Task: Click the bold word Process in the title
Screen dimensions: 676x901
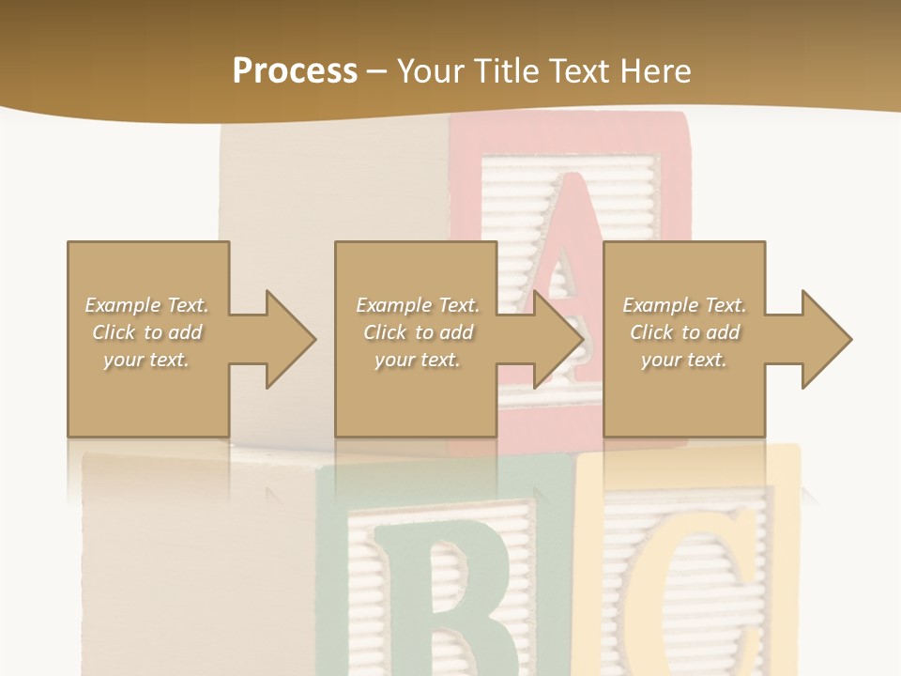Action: point(295,70)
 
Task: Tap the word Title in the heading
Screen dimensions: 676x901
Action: point(508,70)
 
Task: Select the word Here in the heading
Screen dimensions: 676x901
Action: point(654,70)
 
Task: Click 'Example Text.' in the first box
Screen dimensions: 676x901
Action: point(147,305)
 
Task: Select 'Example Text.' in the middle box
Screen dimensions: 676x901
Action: point(418,305)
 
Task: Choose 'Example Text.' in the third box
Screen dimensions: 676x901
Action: point(684,305)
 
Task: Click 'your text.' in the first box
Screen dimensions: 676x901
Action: point(147,360)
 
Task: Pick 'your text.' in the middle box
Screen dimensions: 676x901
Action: point(418,360)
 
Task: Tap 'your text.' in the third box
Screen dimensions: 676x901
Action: point(684,360)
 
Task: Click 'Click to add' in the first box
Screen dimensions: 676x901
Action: point(147,332)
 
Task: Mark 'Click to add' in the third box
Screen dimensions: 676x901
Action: point(684,332)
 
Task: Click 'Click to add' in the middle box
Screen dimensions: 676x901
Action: point(418,332)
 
